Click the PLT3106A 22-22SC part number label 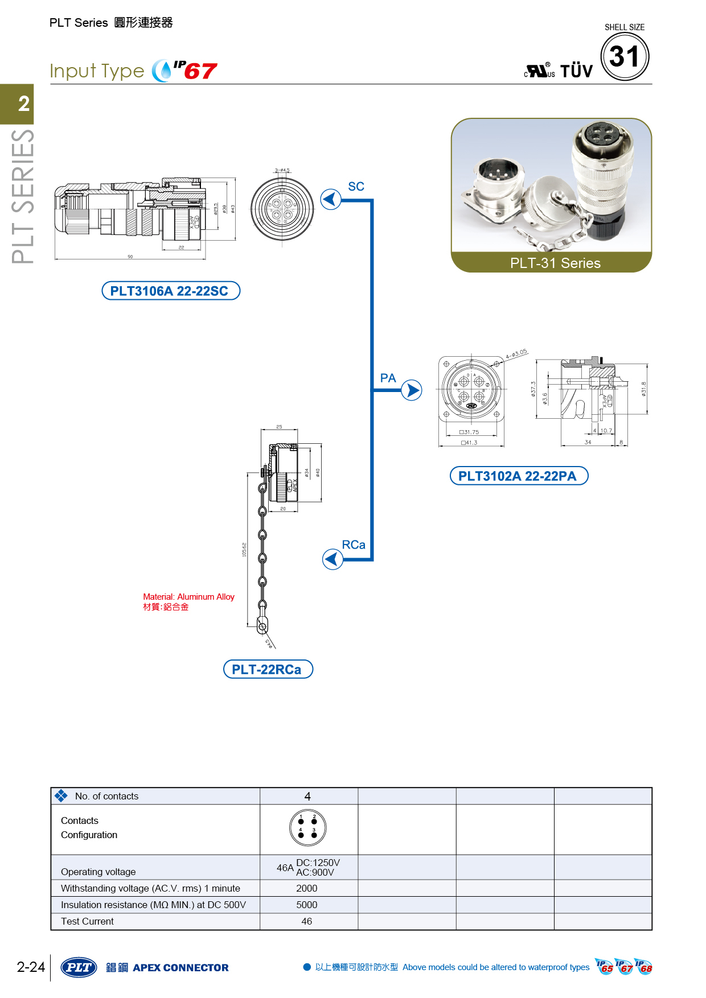[x=170, y=291]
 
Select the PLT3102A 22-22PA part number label [x=518, y=476]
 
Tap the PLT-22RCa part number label [x=268, y=669]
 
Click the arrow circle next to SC [x=331, y=200]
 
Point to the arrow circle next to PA [x=411, y=390]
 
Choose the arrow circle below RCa [x=333, y=559]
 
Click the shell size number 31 [x=625, y=57]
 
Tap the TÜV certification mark [x=576, y=71]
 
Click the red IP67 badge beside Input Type [x=195, y=71]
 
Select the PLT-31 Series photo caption [x=555, y=263]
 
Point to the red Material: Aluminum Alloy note [x=188, y=597]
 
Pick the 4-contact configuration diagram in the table [x=307, y=828]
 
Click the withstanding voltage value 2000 [x=307, y=888]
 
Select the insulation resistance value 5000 [x=307, y=905]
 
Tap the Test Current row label [x=88, y=921]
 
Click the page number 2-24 [x=31, y=967]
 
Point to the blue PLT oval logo [x=79, y=967]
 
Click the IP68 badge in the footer [x=644, y=967]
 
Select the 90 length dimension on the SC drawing [x=130, y=257]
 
